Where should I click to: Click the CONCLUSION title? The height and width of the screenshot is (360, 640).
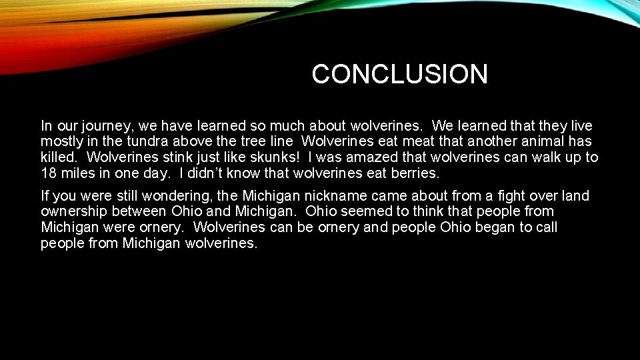pyautogui.click(x=399, y=74)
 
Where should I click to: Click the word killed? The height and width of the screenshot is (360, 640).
pyautogui.click(x=59, y=158)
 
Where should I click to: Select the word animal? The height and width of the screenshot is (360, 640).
pyautogui.click(x=530, y=142)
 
